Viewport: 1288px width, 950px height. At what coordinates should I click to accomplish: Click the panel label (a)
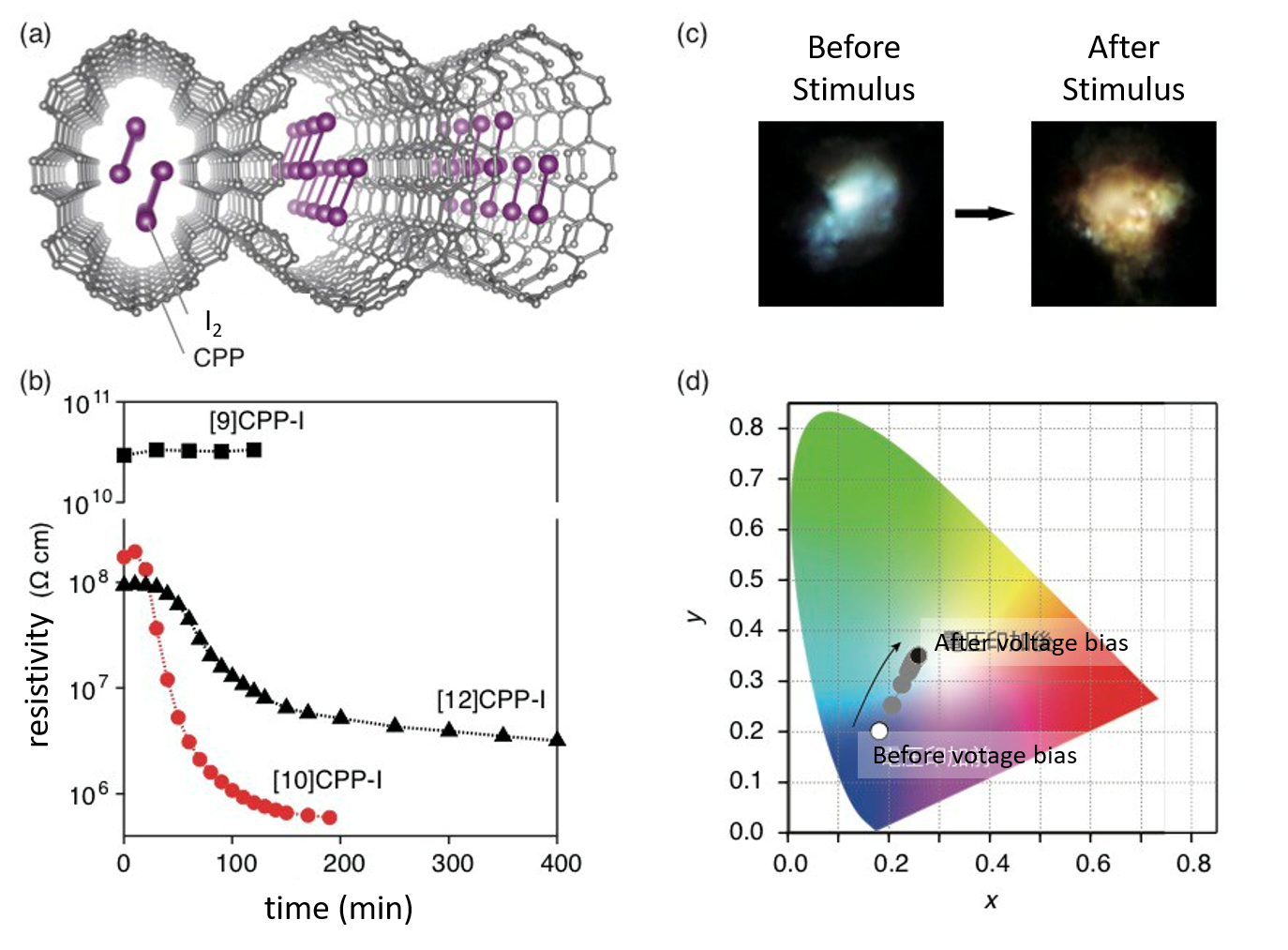pyautogui.click(x=36, y=35)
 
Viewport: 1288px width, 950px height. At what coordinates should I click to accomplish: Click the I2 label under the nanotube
pyautogui.click(x=214, y=324)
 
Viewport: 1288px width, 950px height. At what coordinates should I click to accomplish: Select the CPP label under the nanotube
pyautogui.click(x=218, y=358)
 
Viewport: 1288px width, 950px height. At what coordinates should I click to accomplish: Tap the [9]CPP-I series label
pyautogui.click(x=257, y=421)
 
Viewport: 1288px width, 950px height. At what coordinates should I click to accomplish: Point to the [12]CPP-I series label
pyautogui.click(x=490, y=701)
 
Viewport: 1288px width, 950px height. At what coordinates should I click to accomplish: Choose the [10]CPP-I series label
pyautogui.click(x=327, y=780)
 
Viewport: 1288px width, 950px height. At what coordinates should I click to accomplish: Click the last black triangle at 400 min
pyautogui.click(x=557, y=739)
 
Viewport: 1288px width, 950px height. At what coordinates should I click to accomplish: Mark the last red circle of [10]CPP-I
pyautogui.click(x=329, y=818)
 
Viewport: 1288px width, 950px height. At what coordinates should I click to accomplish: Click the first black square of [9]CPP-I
pyautogui.click(x=124, y=455)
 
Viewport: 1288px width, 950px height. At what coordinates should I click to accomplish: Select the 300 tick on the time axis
pyautogui.click(x=452, y=863)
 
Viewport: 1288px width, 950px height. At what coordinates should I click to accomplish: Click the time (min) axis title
pyautogui.click(x=338, y=908)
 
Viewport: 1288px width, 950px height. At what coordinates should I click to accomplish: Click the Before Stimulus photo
pyautogui.click(x=850, y=214)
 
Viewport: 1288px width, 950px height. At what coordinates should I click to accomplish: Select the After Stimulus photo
pyautogui.click(x=1123, y=214)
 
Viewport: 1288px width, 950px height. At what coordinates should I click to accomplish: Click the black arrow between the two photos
pyautogui.click(x=984, y=214)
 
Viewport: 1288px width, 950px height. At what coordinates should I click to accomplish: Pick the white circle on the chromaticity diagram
pyautogui.click(x=878, y=731)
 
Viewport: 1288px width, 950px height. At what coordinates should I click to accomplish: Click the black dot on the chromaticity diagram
pyautogui.click(x=919, y=656)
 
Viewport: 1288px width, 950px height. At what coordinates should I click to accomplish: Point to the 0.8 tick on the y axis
pyautogui.click(x=746, y=428)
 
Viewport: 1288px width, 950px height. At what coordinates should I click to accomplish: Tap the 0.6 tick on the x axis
pyautogui.click(x=1092, y=863)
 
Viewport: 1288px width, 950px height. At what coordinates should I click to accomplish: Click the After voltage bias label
pyautogui.click(x=1031, y=642)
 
